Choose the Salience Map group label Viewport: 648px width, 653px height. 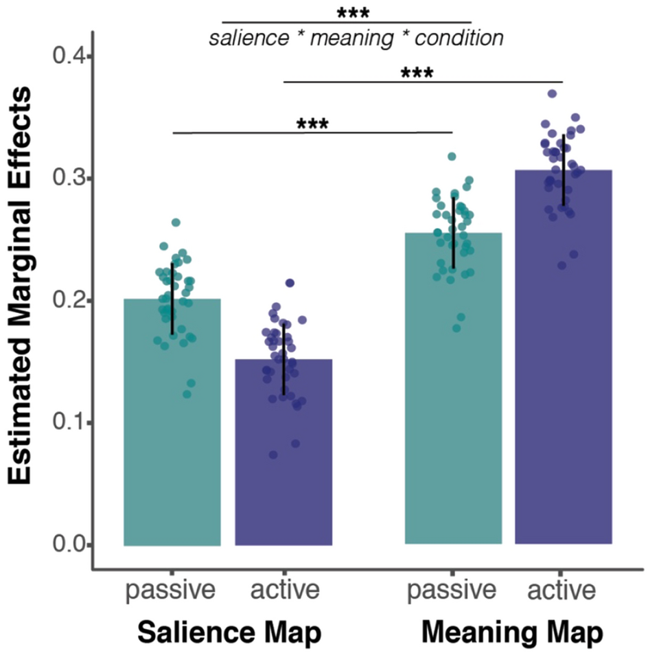[229, 631]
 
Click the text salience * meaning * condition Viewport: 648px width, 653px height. [356, 38]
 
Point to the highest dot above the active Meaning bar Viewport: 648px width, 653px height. [552, 94]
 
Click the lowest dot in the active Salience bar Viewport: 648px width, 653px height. [273, 455]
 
